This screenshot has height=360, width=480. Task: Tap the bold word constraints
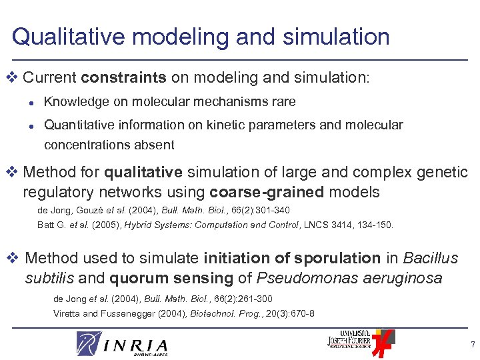coord(123,78)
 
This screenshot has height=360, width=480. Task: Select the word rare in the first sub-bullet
coord(283,102)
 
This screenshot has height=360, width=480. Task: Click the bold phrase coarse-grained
coord(266,193)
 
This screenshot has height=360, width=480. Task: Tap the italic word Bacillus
coord(431,257)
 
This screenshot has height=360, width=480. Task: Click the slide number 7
coord(472,345)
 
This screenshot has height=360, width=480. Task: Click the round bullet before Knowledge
coord(31,103)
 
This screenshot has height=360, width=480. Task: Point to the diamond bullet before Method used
coord(15,258)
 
